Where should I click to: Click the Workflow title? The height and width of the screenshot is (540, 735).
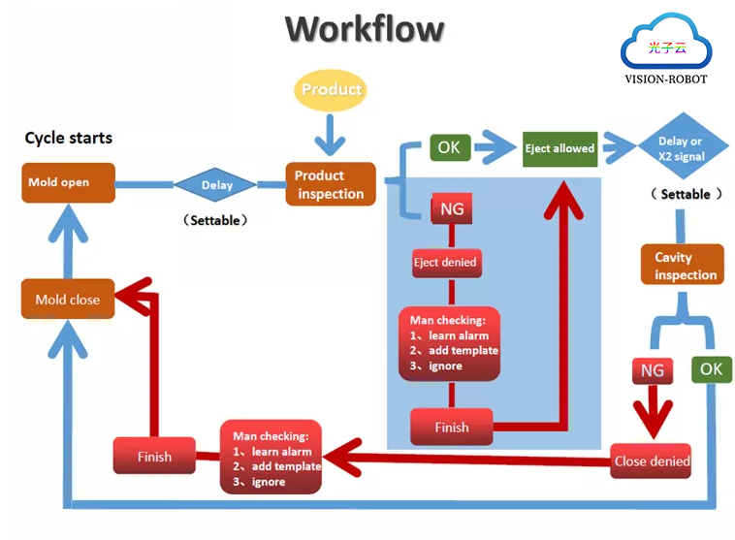pyautogui.click(x=365, y=29)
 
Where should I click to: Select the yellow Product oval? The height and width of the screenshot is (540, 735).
pyautogui.click(x=331, y=89)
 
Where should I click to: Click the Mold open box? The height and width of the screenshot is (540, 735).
pyautogui.click(x=67, y=182)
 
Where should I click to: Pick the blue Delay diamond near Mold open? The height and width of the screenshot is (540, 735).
pyautogui.click(x=216, y=185)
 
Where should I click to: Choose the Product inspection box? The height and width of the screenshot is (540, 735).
pyautogui.click(x=330, y=184)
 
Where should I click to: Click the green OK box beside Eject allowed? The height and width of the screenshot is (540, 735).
pyautogui.click(x=449, y=148)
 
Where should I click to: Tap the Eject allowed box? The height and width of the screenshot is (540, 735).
pyautogui.click(x=559, y=148)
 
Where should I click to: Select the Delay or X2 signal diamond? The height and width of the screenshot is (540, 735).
pyautogui.click(x=679, y=147)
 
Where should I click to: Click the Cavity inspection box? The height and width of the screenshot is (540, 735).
pyautogui.click(x=683, y=266)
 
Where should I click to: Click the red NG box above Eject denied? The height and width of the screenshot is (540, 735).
pyautogui.click(x=452, y=208)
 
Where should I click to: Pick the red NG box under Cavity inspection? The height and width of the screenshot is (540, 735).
pyautogui.click(x=653, y=370)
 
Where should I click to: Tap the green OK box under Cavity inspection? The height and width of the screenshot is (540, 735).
pyautogui.click(x=711, y=369)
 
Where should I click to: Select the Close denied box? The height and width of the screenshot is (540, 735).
pyautogui.click(x=652, y=461)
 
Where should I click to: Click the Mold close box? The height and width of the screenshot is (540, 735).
pyautogui.click(x=68, y=300)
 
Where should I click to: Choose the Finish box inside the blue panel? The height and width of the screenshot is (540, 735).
pyautogui.click(x=451, y=428)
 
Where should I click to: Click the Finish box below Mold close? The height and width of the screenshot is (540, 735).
pyautogui.click(x=154, y=457)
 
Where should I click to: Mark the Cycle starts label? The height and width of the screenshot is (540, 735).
pyautogui.click(x=68, y=138)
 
